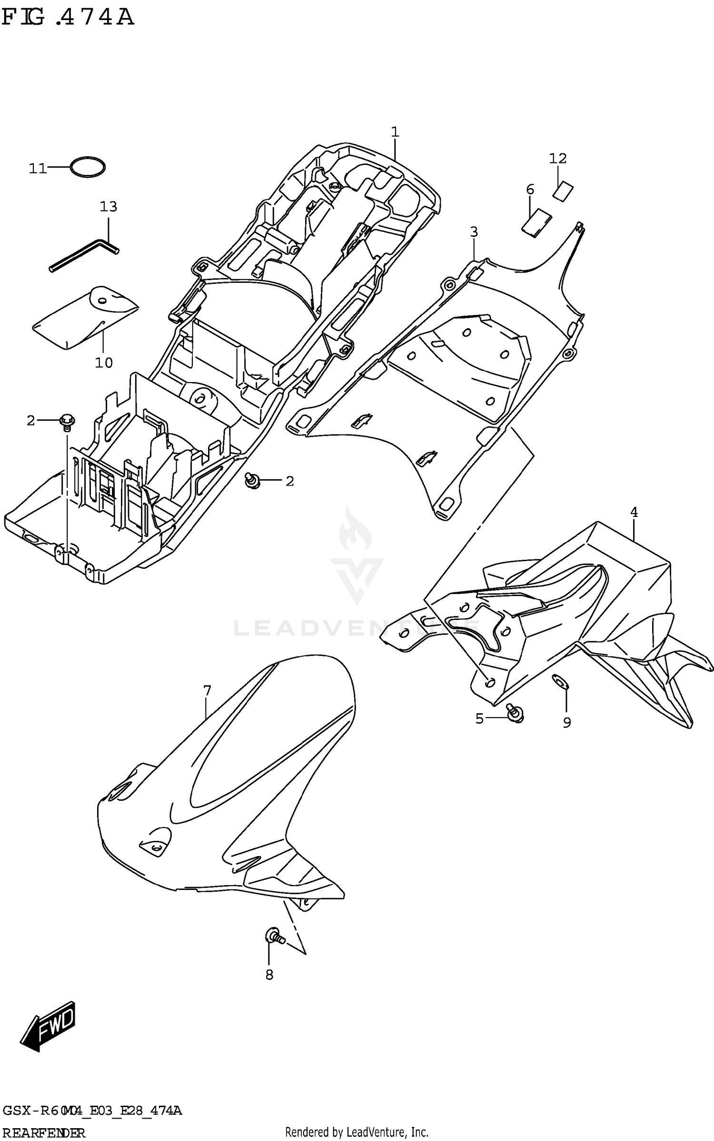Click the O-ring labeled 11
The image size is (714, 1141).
[88, 167]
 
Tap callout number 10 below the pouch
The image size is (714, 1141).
[104, 363]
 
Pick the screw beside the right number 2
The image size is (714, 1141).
[252, 481]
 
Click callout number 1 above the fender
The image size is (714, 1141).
[395, 132]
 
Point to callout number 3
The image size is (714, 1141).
[474, 232]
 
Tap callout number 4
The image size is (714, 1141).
[634, 512]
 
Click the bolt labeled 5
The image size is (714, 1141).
[515, 713]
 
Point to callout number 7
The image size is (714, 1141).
[207, 690]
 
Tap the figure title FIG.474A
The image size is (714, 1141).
[68, 18]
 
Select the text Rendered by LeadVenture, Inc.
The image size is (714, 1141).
[357, 1132]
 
